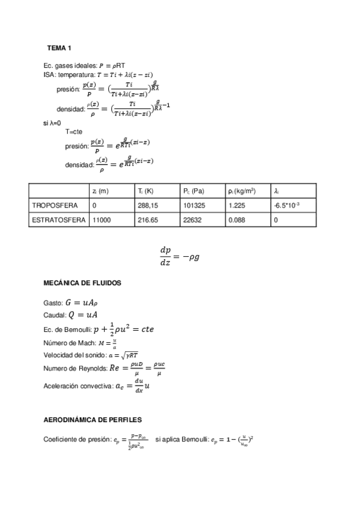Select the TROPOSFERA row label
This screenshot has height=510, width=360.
click(x=55, y=206)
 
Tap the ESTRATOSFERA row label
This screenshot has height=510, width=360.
click(x=58, y=221)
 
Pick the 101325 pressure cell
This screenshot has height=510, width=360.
click(x=194, y=206)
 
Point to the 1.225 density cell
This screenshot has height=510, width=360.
click(x=236, y=206)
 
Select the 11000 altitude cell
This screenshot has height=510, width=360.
click(x=102, y=221)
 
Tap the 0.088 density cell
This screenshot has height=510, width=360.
click(x=236, y=221)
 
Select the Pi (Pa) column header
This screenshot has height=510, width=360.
click(x=194, y=191)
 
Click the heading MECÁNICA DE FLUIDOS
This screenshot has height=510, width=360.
click(x=83, y=282)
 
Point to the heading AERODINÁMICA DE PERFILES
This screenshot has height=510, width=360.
click(x=93, y=419)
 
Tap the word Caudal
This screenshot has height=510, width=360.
click(x=54, y=316)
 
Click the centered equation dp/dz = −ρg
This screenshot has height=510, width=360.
click(x=180, y=256)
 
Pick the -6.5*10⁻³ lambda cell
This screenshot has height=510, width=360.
click(x=287, y=206)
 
